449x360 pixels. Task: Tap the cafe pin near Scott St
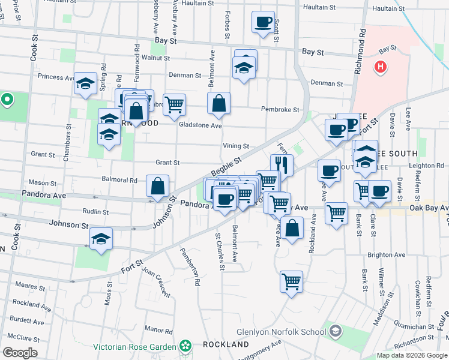pos(262,23)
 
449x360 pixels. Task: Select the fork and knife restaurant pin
pos(282,165)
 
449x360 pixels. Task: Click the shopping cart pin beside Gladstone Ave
pos(174,105)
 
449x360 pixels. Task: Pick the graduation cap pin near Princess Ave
pos(85,83)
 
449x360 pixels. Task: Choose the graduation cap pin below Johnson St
pos(101,239)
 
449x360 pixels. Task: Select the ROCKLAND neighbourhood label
pos(226,344)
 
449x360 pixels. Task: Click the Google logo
pos(20,353)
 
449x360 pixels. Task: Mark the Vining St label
pos(236,146)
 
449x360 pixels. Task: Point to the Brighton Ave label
pos(384,254)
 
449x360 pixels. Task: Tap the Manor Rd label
pos(159,329)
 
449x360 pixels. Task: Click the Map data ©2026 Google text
pos(412,355)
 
